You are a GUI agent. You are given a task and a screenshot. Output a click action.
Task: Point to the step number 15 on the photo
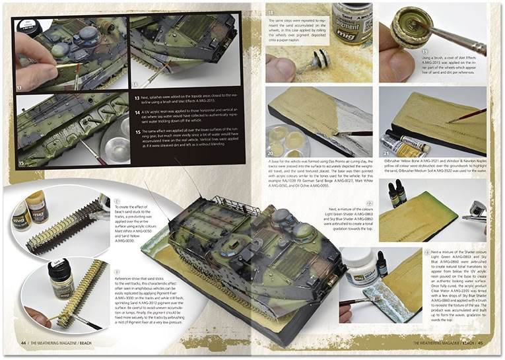(x=21, y=161)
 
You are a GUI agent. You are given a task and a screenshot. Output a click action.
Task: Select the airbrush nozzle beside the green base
(x=475, y=217)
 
